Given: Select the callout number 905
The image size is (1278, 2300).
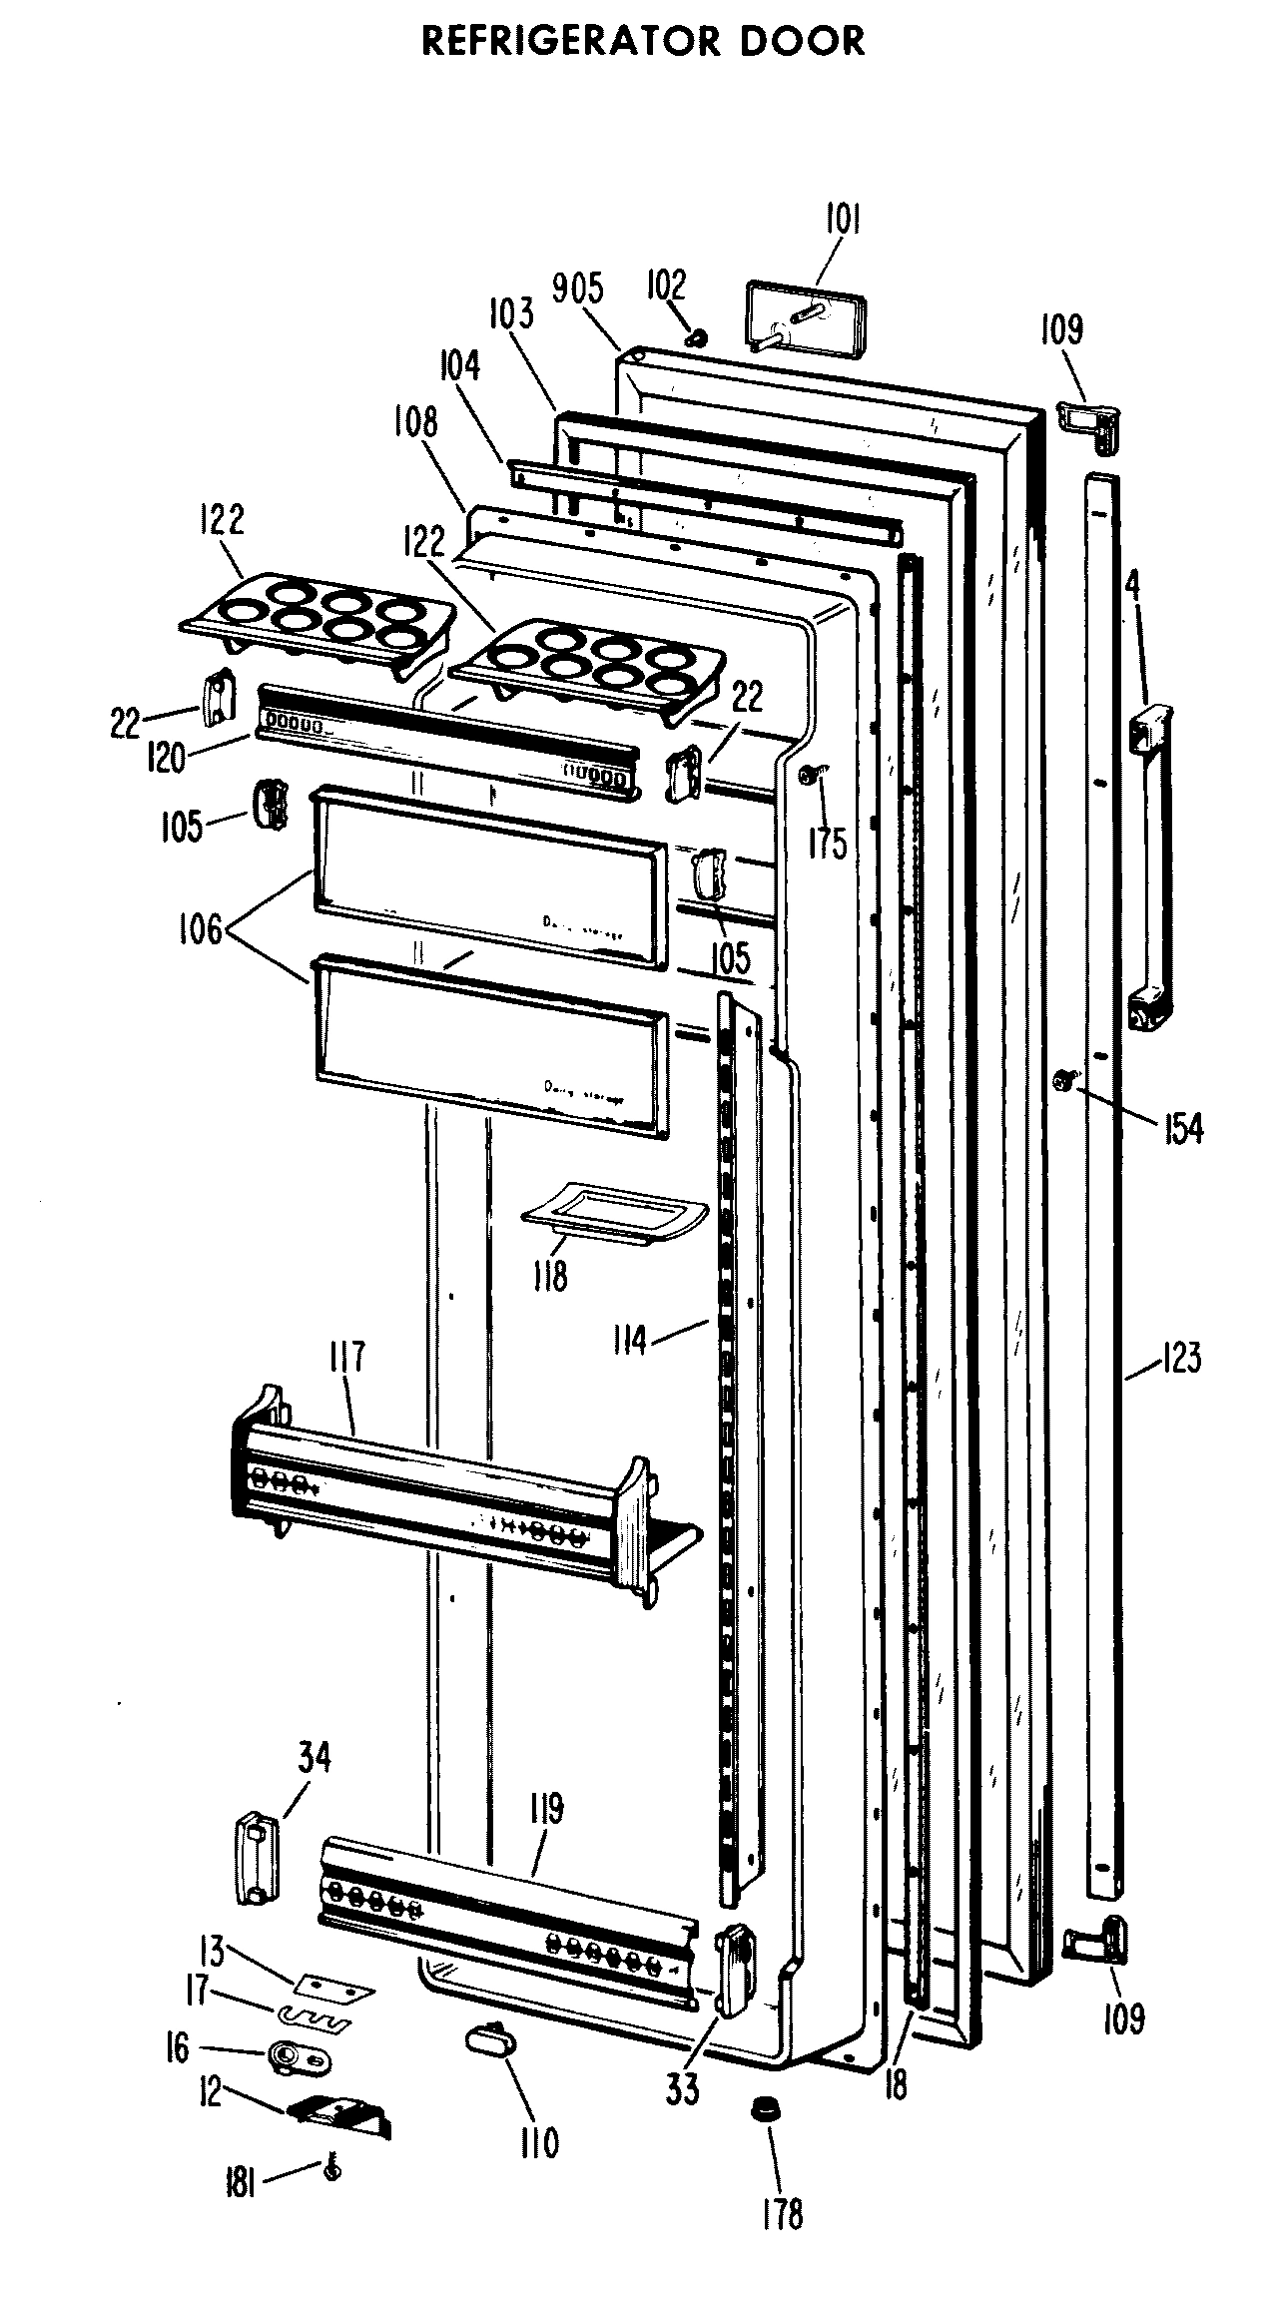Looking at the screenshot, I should pyautogui.click(x=578, y=288).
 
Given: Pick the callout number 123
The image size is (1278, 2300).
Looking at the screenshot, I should pyautogui.click(x=1180, y=1359).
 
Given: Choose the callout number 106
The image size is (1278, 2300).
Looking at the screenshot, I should pyautogui.click(x=201, y=936).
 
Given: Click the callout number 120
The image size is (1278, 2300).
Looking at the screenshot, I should pyautogui.click(x=165, y=758).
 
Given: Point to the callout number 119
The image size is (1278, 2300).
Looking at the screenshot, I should pyautogui.click(x=547, y=1809).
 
